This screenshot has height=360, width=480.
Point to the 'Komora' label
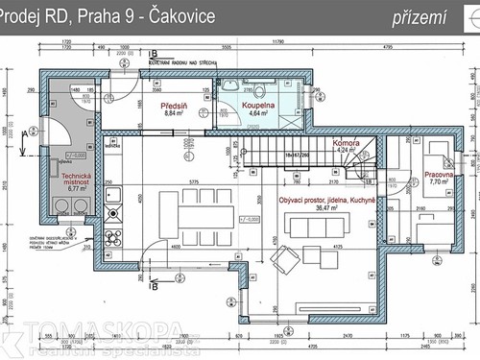coord(346,142)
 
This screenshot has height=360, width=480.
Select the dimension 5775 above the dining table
coord(193,182)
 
